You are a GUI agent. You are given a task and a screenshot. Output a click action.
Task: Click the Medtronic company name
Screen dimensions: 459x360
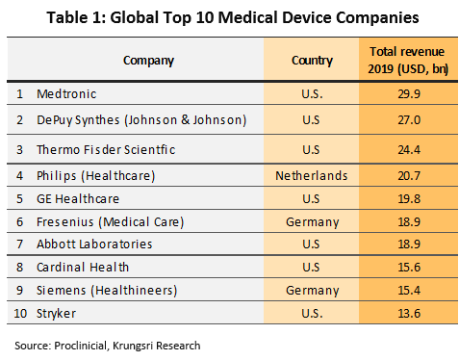(x=66, y=94)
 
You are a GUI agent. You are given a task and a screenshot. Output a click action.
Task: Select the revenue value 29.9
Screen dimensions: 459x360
(x=409, y=94)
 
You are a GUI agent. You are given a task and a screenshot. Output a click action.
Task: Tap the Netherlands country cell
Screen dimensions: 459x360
(x=312, y=176)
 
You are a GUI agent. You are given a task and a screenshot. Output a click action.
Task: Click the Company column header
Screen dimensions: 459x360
(x=148, y=61)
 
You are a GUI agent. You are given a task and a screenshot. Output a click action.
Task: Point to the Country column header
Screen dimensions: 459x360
(x=312, y=61)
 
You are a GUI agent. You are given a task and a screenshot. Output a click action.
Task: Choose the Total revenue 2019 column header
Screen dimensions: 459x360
(x=408, y=60)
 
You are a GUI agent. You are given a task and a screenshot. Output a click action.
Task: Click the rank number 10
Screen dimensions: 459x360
(x=20, y=313)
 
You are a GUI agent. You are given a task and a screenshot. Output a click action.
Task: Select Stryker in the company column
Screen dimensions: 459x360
(x=56, y=314)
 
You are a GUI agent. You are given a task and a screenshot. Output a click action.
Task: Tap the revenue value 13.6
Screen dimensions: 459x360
(x=409, y=313)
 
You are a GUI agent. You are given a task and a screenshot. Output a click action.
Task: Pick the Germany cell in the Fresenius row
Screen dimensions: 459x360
(x=313, y=222)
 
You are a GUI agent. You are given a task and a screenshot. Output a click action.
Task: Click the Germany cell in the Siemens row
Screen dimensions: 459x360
(x=313, y=291)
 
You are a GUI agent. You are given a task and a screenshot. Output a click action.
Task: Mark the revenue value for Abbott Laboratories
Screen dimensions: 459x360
(x=409, y=244)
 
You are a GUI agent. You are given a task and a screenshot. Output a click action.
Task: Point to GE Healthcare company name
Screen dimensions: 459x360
(x=78, y=199)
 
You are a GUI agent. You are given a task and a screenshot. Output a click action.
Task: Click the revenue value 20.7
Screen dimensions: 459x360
(x=409, y=176)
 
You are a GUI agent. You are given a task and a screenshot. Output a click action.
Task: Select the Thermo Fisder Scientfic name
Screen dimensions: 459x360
(x=106, y=150)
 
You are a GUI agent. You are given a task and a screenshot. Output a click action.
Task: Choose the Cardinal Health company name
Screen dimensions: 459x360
(x=83, y=268)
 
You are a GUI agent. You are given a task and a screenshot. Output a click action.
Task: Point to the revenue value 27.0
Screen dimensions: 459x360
(x=409, y=120)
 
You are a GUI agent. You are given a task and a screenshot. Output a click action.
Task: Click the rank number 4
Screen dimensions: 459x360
(x=20, y=176)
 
